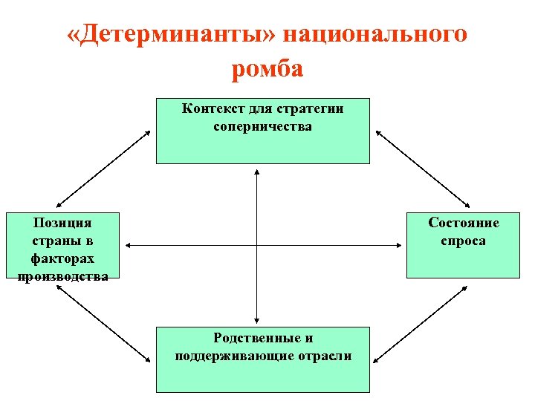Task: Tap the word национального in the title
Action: (374, 35)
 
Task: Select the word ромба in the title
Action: (267, 68)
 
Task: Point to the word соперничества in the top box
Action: (262, 125)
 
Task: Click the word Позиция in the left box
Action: (62, 222)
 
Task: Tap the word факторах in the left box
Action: (62, 258)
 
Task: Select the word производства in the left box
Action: (62, 276)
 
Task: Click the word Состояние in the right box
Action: (464, 223)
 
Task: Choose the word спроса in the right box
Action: (463, 241)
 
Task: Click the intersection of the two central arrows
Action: (256, 245)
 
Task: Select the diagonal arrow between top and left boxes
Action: (104, 169)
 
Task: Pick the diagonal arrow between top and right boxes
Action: (423, 169)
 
